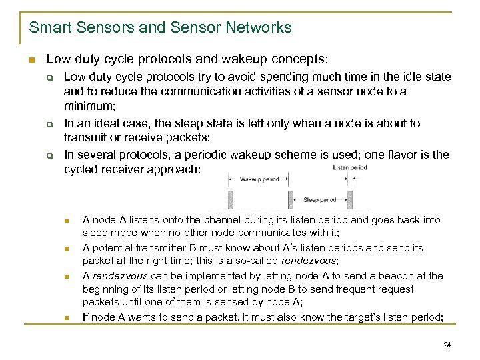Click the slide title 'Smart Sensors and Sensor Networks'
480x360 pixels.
(x=160, y=27)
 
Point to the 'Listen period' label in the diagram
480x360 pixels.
(x=349, y=167)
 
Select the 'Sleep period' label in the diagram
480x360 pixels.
(x=319, y=199)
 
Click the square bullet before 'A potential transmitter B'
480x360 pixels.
(x=67, y=248)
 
